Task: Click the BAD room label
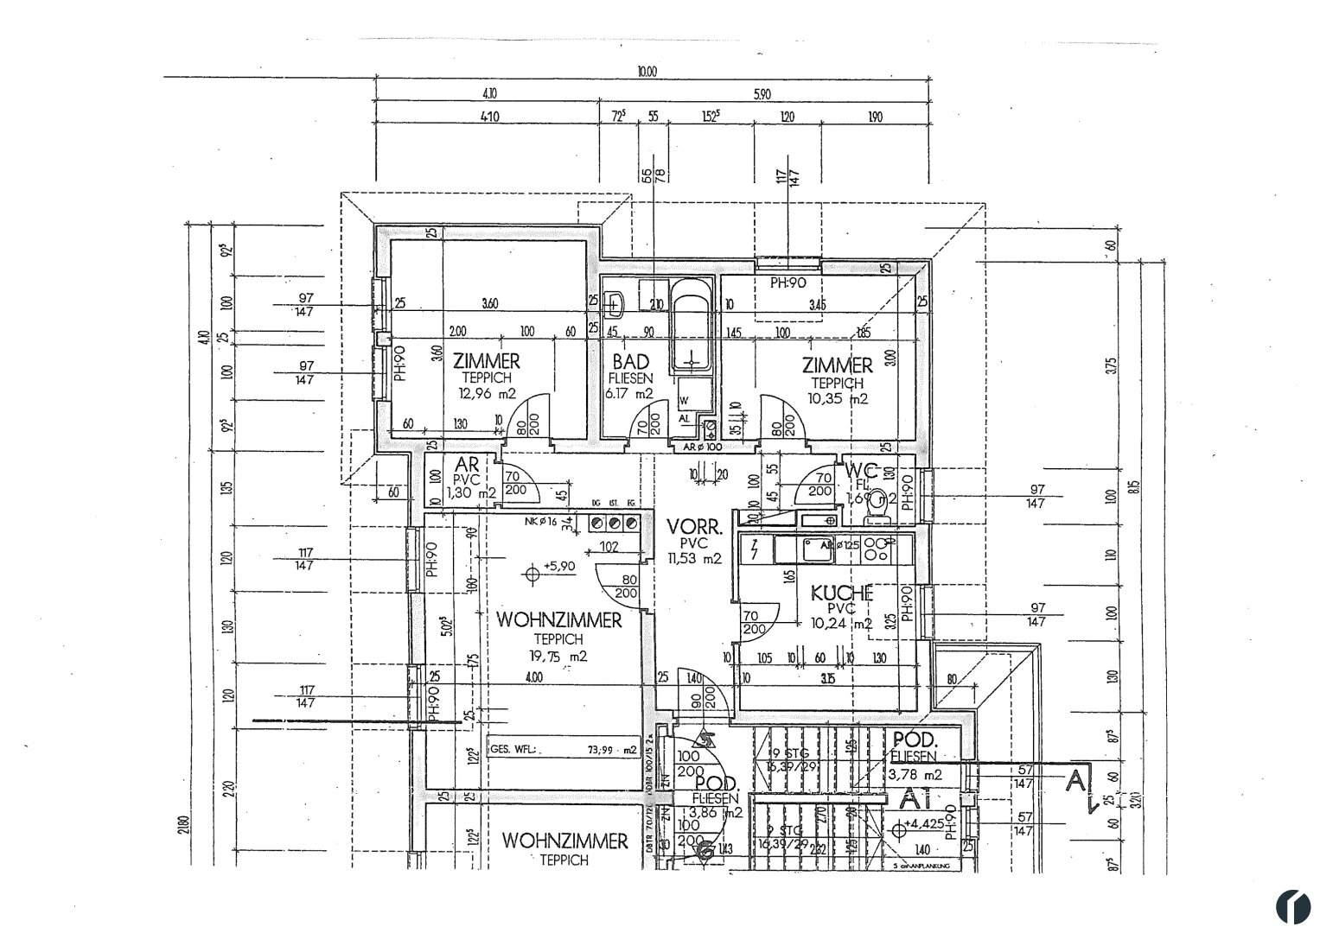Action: click(631, 363)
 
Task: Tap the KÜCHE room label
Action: click(841, 594)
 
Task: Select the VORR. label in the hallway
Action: click(688, 526)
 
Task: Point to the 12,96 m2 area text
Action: click(488, 394)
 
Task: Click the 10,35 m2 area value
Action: click(838, 399)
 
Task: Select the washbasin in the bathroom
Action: click(615, 303)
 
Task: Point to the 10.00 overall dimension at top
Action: click(647, 73)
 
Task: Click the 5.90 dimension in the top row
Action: click(762, 95)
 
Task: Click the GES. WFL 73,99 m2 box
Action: click(563, 750)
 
